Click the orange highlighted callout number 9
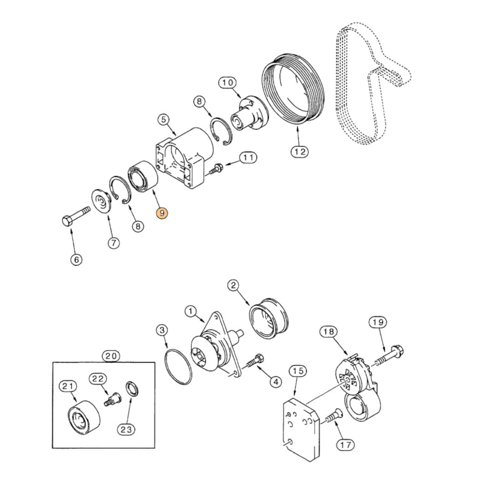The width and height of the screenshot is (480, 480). (163, 213)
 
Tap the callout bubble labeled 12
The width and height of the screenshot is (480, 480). (300, 152)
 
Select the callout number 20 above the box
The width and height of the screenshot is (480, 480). (110, 356)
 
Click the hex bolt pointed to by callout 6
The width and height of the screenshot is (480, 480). (76, 217)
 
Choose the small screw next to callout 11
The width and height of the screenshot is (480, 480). (215, 168)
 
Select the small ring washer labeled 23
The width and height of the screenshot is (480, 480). (132, 390)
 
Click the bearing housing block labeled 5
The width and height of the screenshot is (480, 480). (185, 158)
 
